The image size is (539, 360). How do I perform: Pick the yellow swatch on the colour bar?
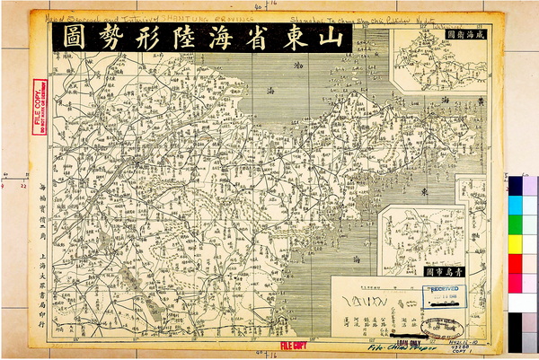pyautogui.click(x=517, y=243)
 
